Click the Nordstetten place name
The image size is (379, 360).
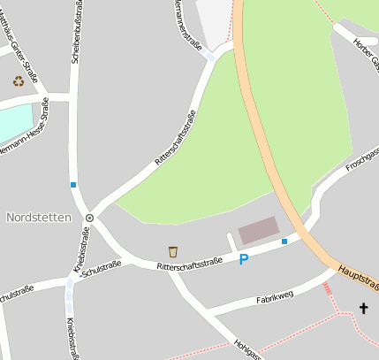[x=38, y=217]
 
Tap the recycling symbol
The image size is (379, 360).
[x=19, y=80]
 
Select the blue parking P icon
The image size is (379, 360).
[x=244, y=259]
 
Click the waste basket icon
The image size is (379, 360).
[x=173, y=251]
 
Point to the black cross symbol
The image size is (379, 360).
[x=363, y=308]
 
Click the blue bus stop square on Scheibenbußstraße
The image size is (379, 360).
[x=73, y=185]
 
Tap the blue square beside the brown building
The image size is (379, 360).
[x=284, y=241]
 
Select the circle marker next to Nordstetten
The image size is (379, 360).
[x=89, y=217]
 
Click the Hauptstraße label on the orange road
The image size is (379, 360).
[x=357, y=276]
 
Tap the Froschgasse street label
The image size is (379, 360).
[x=362, y=159]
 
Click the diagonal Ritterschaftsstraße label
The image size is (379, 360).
[x=176, y=138]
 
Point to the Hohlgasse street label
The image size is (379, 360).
[x=247, y=350]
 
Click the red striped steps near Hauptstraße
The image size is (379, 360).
[x=328, y=287]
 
